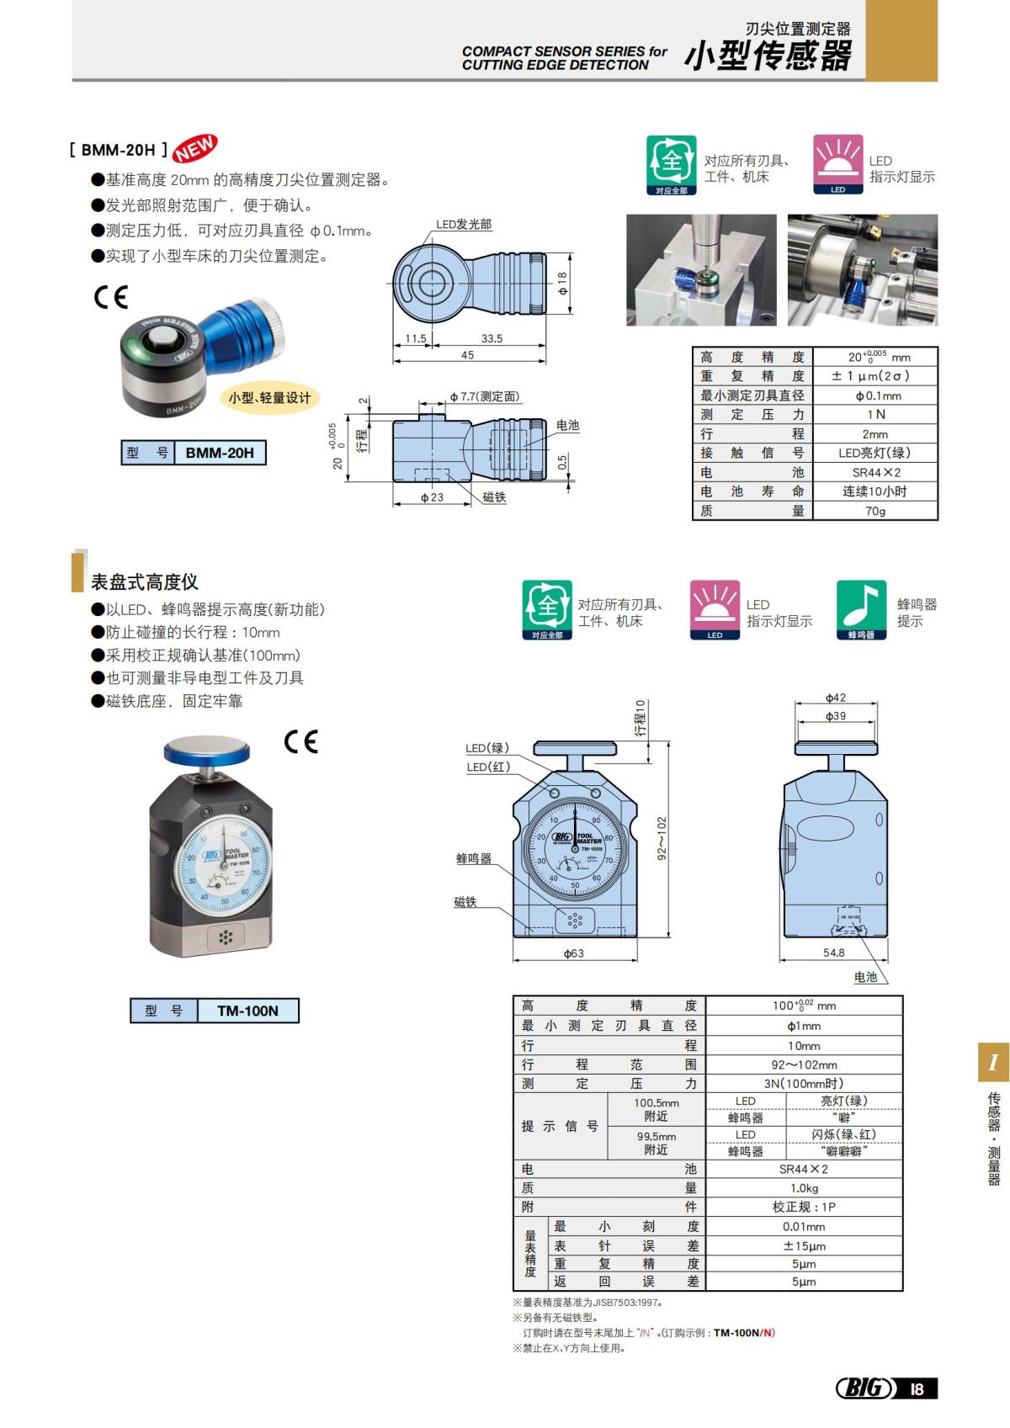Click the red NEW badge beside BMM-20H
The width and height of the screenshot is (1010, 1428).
tap(195, 148)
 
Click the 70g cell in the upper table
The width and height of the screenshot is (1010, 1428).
tap(874, 511)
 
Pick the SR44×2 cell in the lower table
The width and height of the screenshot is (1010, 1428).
tap(803, 1169)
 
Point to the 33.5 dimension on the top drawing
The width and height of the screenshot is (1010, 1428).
tap(492, 338)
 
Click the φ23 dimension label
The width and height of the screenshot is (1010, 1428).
tap(432, 497)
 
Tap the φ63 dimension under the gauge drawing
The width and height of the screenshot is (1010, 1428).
tap(573, 953)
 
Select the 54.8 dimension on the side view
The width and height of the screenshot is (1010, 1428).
tap(833, 953)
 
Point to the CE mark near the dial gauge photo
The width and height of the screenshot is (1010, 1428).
tap(300, 741)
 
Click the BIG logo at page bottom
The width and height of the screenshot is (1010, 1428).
tap(864, 1388)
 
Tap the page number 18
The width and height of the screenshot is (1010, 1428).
tap(917, 1388)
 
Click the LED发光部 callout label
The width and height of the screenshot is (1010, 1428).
tap(464, 225)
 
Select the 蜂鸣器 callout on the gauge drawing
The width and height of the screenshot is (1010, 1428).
tap(474, 858)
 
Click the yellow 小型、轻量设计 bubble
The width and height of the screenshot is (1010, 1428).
tap(269, 398)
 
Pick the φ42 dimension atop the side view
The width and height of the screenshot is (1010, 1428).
tap(835, 698)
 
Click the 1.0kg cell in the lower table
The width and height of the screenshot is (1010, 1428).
tap(803, 1188)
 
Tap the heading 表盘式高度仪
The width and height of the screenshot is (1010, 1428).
tap(144, 581)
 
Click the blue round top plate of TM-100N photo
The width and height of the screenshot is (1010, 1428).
tap(207, 747)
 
